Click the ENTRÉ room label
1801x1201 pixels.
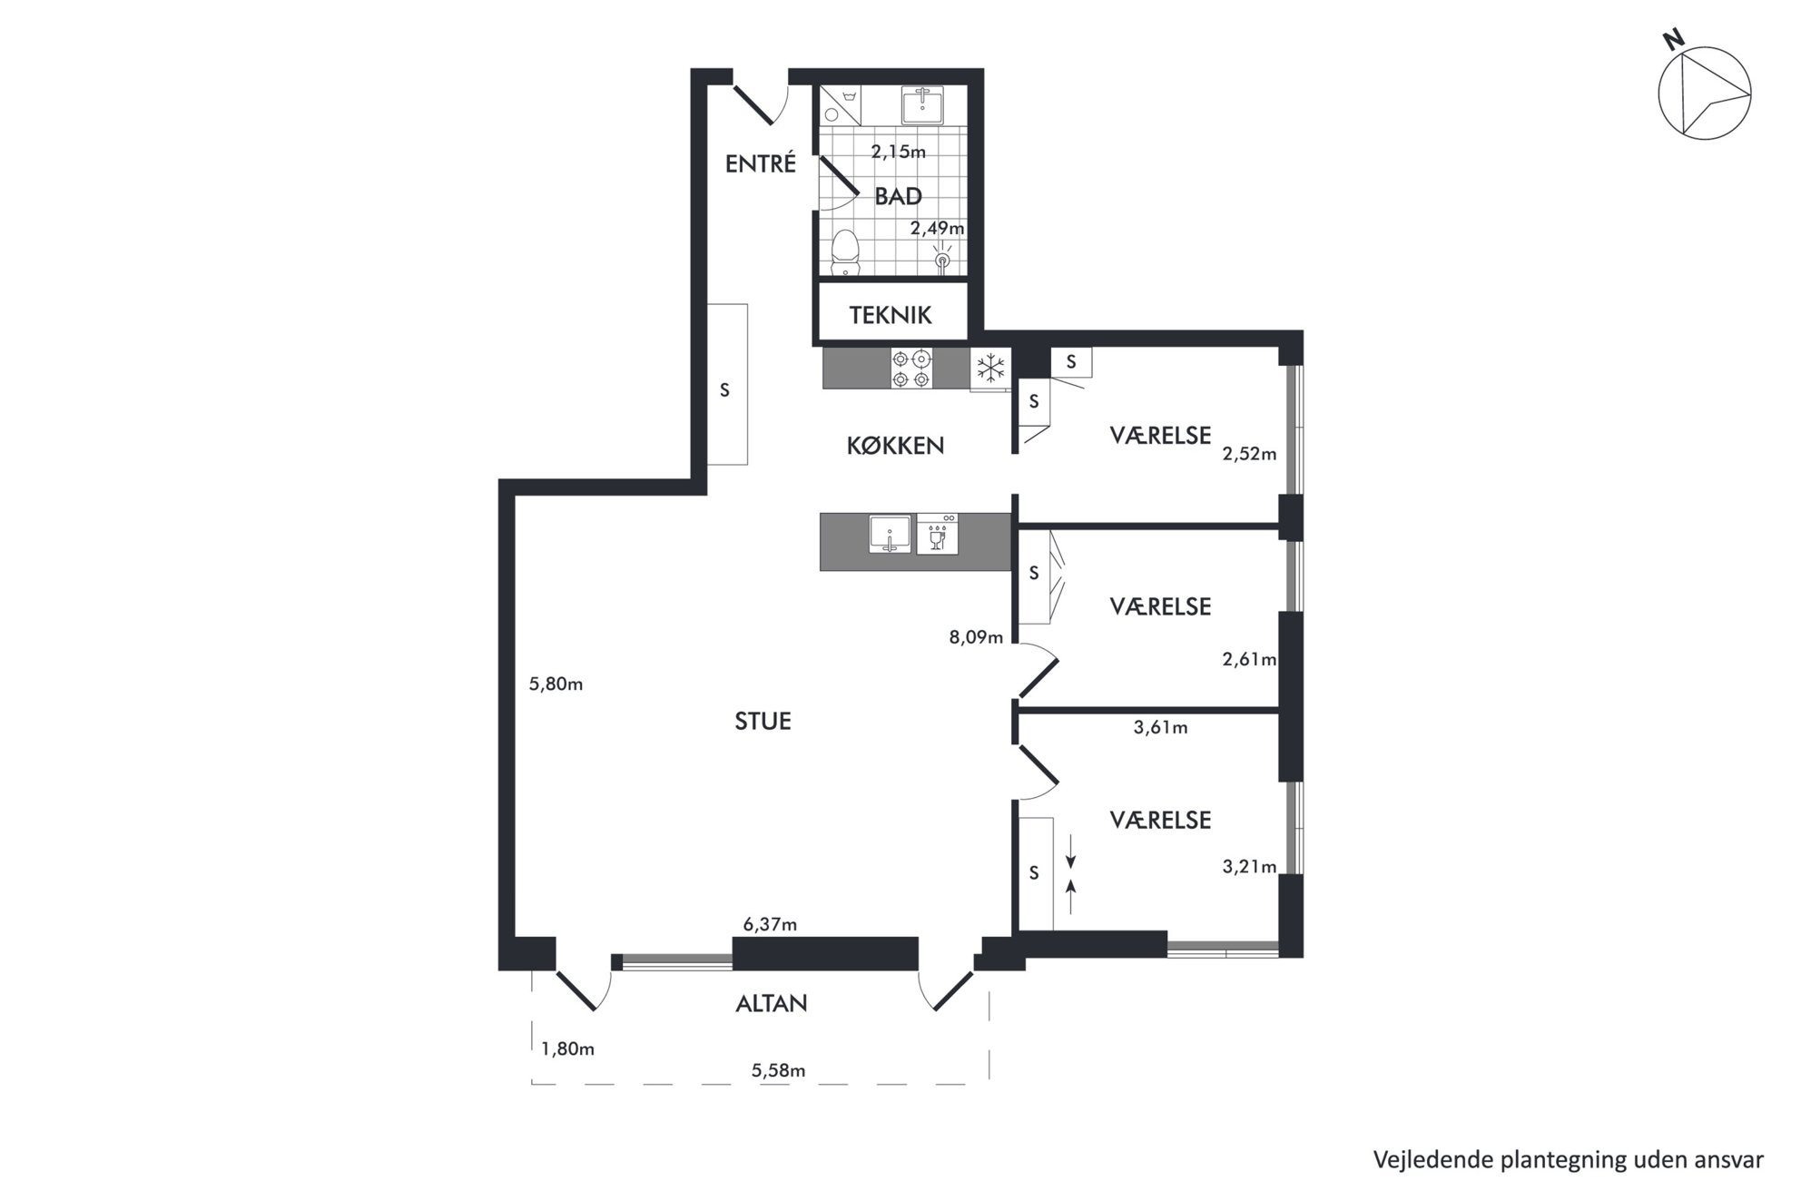[x=760, y=163]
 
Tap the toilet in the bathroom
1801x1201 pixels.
[x=846, y=251]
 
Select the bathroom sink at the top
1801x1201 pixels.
[x=922, y=104]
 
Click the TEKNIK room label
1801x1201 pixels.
[x=891, y=315]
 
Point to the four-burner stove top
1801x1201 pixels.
[x=911, y=369]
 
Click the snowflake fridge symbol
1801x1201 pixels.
[x=990, y=369]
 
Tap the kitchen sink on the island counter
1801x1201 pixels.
[x=890, y=534]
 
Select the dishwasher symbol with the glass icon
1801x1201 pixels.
[x=937, y=534]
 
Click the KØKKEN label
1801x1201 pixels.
[x=895, y=446]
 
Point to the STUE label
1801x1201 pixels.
[x=763, y=721]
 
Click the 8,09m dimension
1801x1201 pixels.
[x=976, y=637]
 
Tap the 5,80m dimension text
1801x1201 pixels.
[x=556, y=684]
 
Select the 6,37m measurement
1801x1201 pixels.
[x=770, y=925]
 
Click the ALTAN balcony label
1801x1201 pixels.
[x=771, y=1003]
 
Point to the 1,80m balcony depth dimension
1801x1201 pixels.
[x=567, y=1049]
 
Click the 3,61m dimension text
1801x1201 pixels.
[x=1160, y=727]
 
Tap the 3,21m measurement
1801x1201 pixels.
[x=1249, y=867]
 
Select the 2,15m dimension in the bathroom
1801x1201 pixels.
[x=899, y=152]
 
